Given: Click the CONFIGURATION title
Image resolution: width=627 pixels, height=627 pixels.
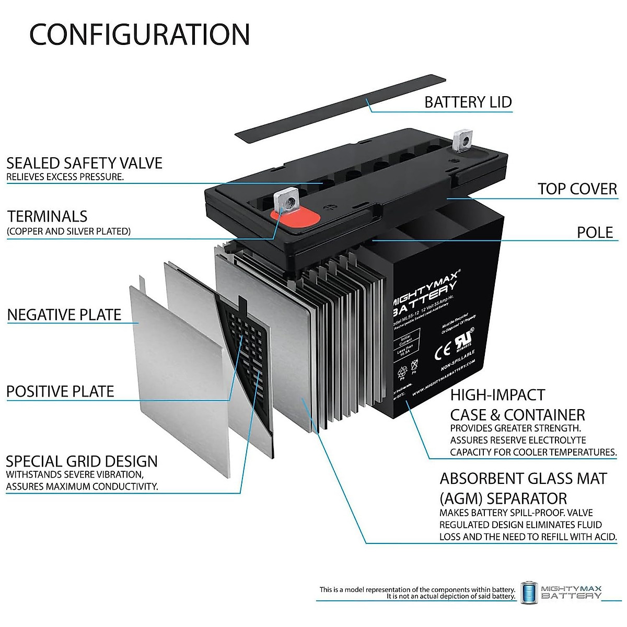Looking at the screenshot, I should pyautogui.click(x=140, y=34).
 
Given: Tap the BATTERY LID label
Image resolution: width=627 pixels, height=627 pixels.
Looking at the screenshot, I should pyautogui.click(x=468, y=102).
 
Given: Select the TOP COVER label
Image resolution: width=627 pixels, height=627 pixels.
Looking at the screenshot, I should pyautogui.click(x=577, y=189).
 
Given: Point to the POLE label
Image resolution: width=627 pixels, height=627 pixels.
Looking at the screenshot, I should pyautogui.click(x=595, y=233).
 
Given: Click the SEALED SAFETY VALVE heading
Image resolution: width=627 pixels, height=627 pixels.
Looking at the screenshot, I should pyautogui.click(x=84, y=163).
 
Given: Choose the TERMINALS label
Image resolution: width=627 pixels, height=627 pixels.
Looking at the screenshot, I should pyautogui.click(x=47, y=216).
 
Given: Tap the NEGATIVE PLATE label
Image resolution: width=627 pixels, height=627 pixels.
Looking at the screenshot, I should pyautogui.click(x=64, y=315).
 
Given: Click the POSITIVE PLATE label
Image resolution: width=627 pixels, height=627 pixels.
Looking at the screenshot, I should pyautogui.click(x=60, y=391).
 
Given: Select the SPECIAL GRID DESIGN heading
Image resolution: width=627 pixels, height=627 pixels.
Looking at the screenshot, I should pyautogui.click(x=82, y=461).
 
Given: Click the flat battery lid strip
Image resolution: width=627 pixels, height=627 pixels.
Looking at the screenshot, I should pyautogui.click(x=340, y=108).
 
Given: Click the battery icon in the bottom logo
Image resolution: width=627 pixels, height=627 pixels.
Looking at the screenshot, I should pyautogui.click(x=529, y=594).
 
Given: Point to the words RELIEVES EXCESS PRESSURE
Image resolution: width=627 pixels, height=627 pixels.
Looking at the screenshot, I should pyautogui.click(x=65, y=177).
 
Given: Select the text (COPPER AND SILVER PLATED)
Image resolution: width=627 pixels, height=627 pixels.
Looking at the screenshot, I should pyautogui.click(x=68, y=231).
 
